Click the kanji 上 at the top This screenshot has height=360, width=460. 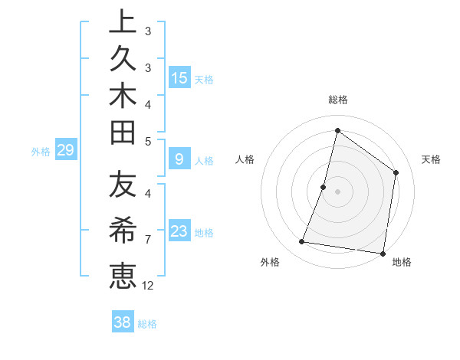pos(122,21)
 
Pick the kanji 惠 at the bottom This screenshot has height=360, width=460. pos(122,274)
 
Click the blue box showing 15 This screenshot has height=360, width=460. pos(179,77)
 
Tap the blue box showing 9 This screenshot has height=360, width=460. pos(179,159)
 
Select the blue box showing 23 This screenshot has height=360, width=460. pos(179,231)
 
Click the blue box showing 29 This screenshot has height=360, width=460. pos(65,150)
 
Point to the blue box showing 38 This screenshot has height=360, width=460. pos(122,322)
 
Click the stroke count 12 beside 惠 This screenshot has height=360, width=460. pos(148,285)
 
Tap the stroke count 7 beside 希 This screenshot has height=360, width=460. pos(148,239)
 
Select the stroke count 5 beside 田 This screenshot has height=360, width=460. pos(148,141)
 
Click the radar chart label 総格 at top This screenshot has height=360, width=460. pos(337,100)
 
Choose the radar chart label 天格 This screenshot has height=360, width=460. pos(432,159)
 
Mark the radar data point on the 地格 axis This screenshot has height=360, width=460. pos(383,253)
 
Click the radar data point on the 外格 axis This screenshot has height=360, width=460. pos(302,242)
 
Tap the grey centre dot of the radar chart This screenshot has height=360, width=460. pos(337,191)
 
